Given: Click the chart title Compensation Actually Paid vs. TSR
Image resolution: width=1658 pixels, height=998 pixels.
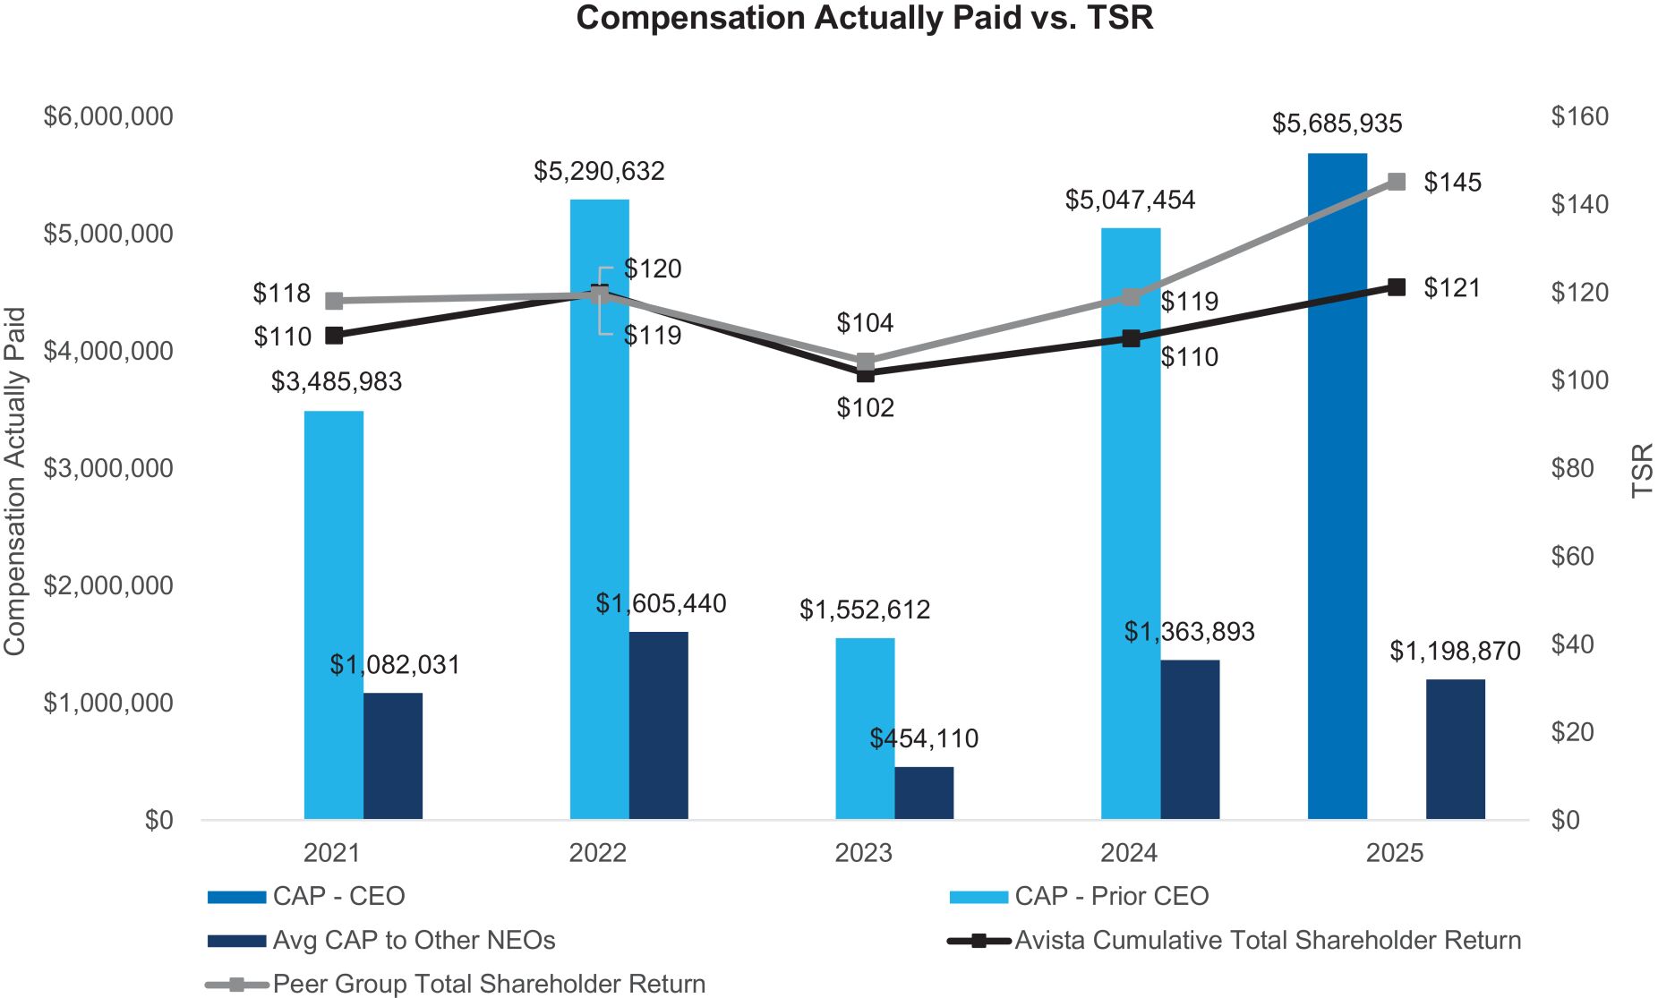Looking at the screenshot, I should point(864,18).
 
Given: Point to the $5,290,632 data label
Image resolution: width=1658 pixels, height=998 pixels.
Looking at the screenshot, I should point(599,171).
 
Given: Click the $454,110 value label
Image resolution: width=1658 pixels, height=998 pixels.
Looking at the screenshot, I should point(924,738).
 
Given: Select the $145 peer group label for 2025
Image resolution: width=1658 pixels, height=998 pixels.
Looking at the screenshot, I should point(1452,183).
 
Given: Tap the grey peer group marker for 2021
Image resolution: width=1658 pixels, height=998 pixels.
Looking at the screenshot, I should point(334,301).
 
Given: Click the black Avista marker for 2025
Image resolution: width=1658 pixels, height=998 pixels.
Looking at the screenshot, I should point(1396,287).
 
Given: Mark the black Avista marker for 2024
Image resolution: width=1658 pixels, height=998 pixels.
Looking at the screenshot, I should point(1131,338).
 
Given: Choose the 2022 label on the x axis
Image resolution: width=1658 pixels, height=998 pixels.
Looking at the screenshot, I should point(597,853).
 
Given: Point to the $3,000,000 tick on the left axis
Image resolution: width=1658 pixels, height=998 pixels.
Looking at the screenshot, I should point(108,468).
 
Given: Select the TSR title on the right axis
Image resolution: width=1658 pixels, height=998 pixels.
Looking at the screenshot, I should point(1642,470).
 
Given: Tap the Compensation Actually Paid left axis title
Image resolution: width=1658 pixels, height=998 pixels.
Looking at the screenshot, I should point(15,481).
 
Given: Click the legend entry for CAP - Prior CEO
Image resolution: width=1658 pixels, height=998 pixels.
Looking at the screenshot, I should point(1111,896).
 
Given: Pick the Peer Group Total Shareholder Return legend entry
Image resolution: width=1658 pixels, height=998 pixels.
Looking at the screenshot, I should point(489,984).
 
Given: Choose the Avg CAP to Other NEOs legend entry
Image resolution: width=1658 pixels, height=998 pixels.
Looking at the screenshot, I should point(414,940).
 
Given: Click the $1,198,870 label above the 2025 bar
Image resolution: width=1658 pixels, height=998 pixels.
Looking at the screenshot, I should point(1455,651).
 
